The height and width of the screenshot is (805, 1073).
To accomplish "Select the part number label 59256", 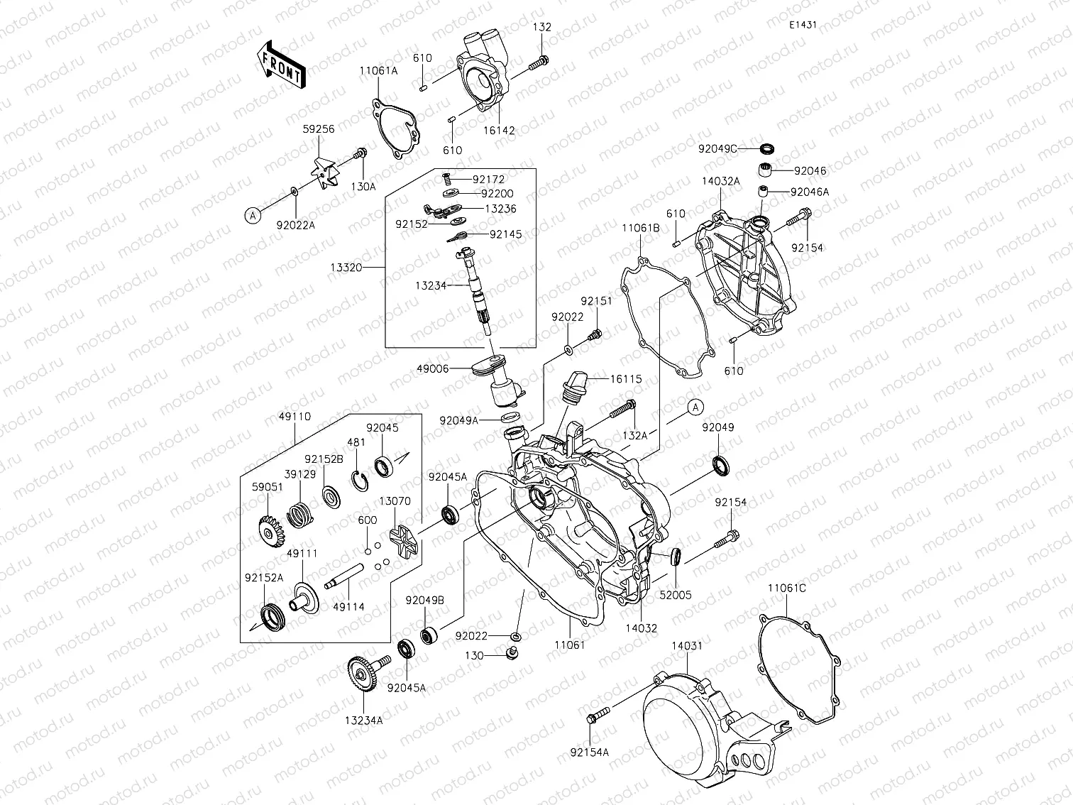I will coord(319,129).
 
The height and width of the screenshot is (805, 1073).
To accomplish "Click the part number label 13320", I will coord(346,268).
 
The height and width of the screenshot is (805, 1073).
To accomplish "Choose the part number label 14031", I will coord(687,645).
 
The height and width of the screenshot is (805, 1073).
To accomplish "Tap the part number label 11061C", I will coord(786,588).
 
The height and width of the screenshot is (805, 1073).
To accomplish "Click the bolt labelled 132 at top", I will coord(538,65).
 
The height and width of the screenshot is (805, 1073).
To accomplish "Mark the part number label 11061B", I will coord(641,228).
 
